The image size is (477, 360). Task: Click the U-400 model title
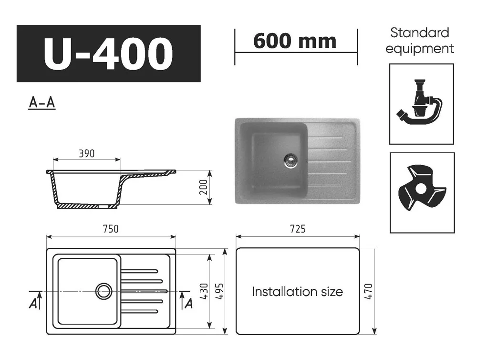(x=108, y=53)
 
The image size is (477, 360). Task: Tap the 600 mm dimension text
(x=295, y=42)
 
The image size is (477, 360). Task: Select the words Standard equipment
(x=420, y=41)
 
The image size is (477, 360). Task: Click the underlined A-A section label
(x=42, y=103)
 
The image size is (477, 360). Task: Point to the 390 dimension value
(x=86, y=154)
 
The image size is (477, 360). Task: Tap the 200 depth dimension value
(x=202, y=188)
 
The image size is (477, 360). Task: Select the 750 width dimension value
(x=110, y=229)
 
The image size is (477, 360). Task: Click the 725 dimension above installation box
(x=297, y=229)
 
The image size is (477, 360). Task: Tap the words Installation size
(x=297, y=292)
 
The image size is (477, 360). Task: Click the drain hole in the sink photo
(x=290, y=160)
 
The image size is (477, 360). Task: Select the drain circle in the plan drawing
(x=104, y=291)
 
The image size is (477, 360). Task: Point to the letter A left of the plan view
(x=33, y=302)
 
